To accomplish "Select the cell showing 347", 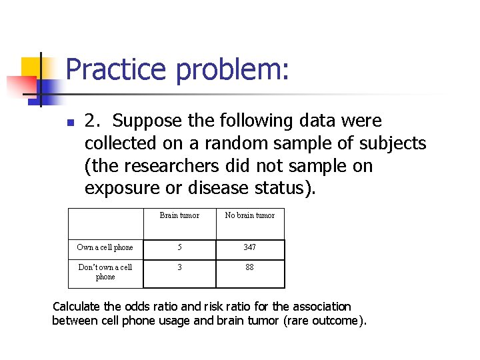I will (x=250, y=247).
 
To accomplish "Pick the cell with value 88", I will (x=250, y=267).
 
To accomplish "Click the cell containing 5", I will (x=179, y=247).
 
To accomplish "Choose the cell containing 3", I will (x=179, y=267).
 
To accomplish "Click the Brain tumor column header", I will (x=179, y=215).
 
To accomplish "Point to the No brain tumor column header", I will (x=250, y=215).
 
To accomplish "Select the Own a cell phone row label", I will (x=105, y=247).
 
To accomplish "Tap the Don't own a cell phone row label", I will (x=105, y=272).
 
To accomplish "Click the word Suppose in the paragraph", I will (x=150, y=121).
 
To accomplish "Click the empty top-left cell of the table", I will (x=105, y=223).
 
